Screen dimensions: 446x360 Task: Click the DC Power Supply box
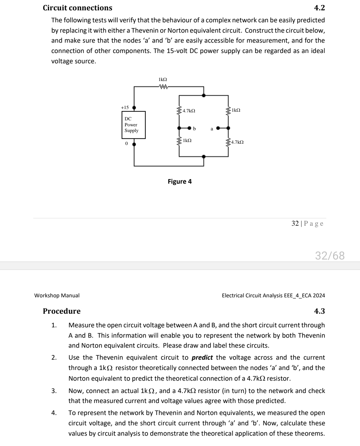pos(133,125)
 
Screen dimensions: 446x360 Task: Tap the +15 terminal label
pos(125,107)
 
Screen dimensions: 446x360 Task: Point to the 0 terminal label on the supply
pos(126,143)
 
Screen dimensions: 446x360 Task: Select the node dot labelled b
pos(189,128)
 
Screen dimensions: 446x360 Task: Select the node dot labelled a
pos(218,128)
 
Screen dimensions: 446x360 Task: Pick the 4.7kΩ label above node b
pos(189,110)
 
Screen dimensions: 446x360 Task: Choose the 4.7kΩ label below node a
pos(237,142)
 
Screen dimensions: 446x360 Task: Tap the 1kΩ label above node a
pos(236,110)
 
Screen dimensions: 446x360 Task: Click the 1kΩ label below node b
pos(187,141)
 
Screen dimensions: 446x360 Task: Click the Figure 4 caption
pos(180,181)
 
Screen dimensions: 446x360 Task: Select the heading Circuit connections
pos(78,8)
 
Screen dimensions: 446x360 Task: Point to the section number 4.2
pos(319,8)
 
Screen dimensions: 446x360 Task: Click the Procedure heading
pos(62,311)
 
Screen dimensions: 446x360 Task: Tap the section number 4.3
pos(319,311)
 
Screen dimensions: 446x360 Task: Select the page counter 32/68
pos(330,256)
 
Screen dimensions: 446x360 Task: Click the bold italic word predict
pos(202,357)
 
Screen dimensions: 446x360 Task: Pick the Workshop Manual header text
pos(57,295)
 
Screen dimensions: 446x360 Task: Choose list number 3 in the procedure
pos(54,391)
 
